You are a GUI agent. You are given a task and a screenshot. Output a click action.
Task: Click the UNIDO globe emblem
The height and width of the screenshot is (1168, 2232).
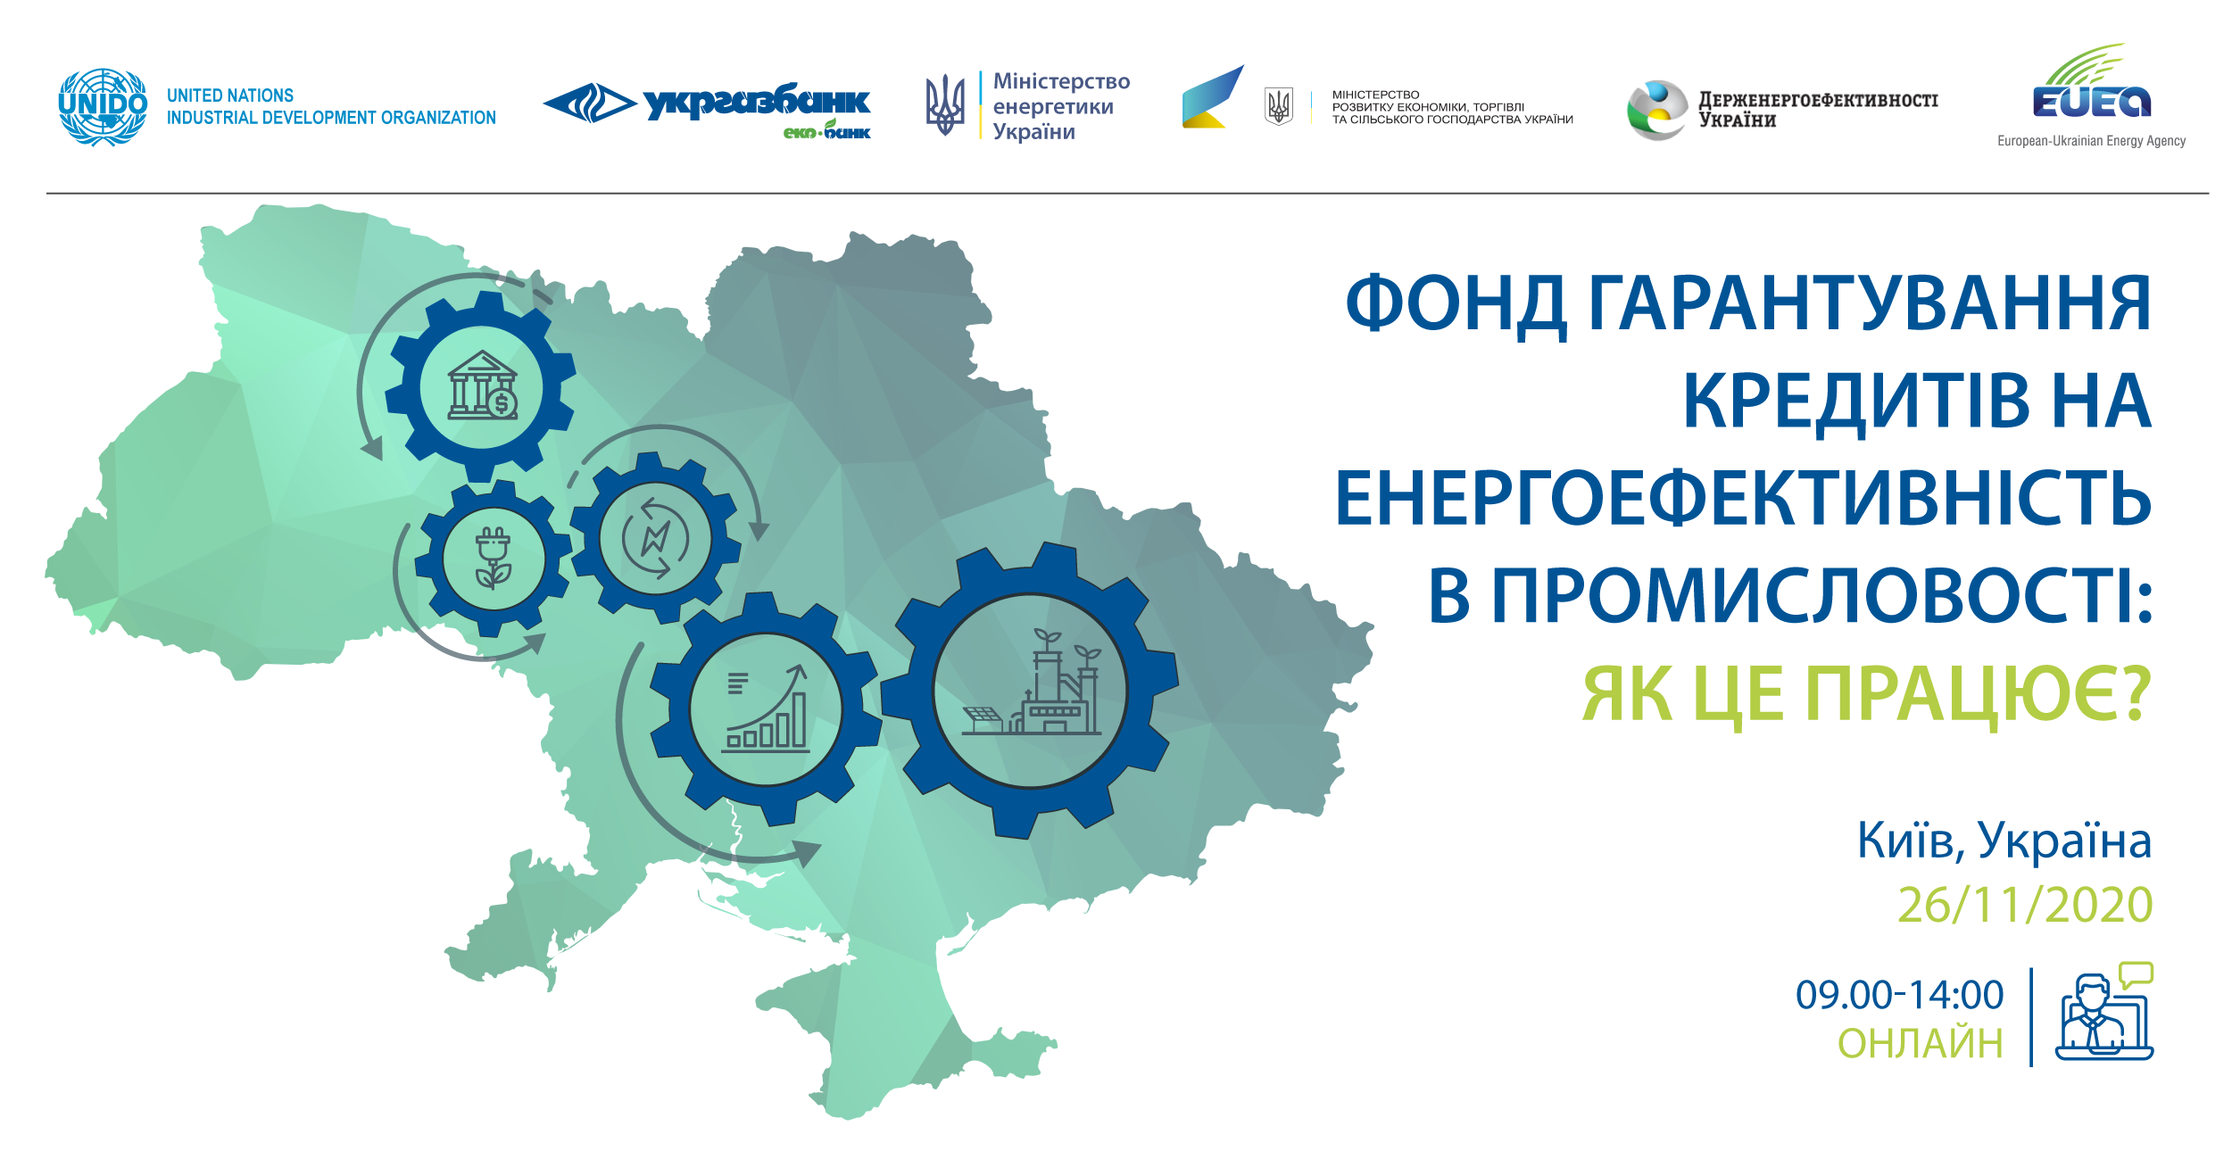tap(103, 107)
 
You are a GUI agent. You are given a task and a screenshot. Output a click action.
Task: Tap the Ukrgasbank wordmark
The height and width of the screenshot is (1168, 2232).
tap(757, 102)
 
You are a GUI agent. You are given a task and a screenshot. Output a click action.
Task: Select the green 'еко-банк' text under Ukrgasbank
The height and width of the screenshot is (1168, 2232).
tap(826, 131)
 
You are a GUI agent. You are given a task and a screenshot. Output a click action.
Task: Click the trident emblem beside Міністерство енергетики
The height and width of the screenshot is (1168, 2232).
tap(945, 104)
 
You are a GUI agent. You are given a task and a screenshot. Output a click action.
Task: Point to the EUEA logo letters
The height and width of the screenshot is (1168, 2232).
tap(2092, 102)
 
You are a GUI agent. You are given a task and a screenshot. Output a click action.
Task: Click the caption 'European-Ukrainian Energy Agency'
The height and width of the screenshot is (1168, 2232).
tap(2091, 141)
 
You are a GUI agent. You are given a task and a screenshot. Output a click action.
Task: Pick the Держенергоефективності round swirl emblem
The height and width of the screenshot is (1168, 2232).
tap(1657, 111)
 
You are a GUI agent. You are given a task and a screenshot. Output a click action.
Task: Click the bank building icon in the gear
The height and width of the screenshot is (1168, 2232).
tap(483, 385)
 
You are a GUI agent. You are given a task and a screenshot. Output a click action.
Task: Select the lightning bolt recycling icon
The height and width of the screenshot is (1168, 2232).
tap(656, 539)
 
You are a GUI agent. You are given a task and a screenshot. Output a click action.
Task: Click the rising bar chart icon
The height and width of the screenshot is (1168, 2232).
tap(767, 708)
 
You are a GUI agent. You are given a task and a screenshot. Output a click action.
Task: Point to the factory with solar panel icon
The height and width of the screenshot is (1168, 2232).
tap(1032, 683)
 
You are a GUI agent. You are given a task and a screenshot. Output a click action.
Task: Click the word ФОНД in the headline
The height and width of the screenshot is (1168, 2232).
tap(1456, 304)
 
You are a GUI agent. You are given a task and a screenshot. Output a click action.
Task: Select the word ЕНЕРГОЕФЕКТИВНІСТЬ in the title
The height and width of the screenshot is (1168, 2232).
tap(1743, 498)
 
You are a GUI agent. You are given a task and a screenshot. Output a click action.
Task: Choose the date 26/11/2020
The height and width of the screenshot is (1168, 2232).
tap(2025, 906)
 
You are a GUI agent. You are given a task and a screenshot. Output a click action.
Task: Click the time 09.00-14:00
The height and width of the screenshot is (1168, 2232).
tap(1900, 995)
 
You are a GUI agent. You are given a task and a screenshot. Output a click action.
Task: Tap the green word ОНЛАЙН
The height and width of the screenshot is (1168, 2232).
tap(1921, 1043)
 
